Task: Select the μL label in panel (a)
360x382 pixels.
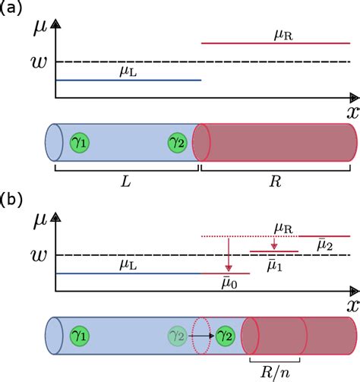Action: click(x=129, y=71)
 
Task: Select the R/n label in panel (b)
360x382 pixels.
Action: click(x=273, y=372)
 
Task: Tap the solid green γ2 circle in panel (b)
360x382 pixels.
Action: click(x=224, y=334)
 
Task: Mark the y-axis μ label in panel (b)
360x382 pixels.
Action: click(x=42, y=221)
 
